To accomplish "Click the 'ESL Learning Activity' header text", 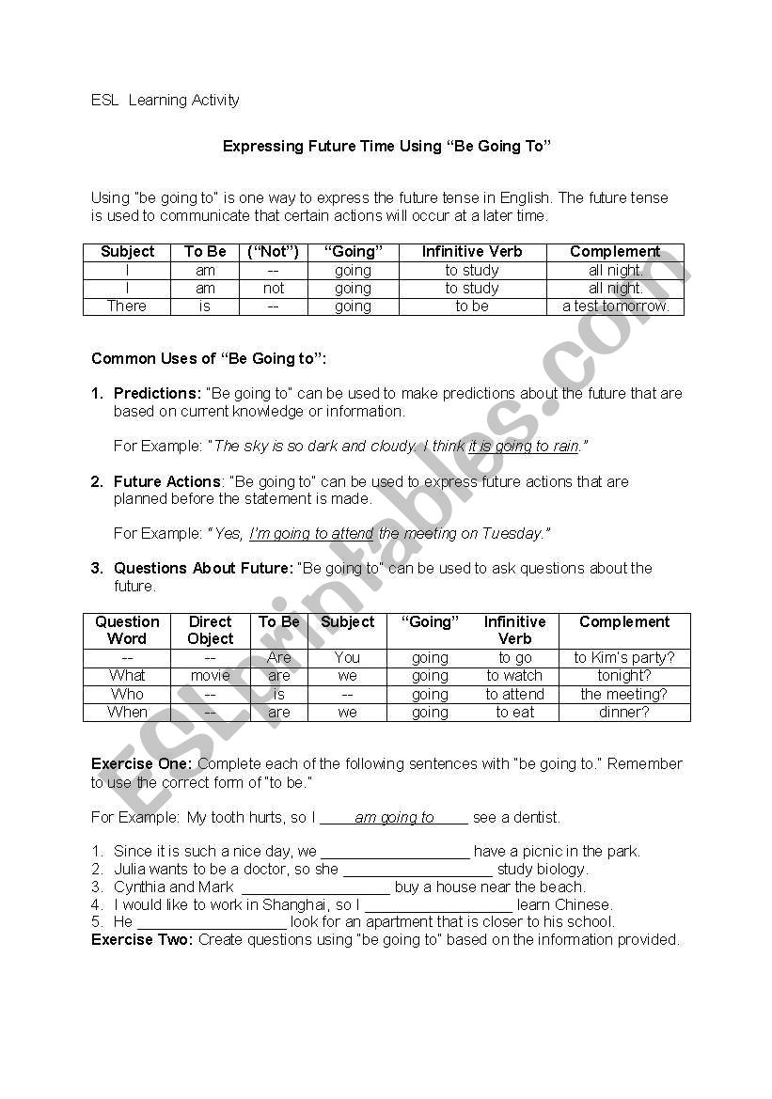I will (165, 100).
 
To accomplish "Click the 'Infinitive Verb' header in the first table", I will (471, 251).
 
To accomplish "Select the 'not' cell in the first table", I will (274, 288).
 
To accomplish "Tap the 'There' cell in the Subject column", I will (127, 306).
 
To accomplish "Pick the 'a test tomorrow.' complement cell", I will (615, 306).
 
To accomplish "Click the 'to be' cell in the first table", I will (471, 306).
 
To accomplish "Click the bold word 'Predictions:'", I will (157, 393).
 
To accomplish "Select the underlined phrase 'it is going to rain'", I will (524, 446).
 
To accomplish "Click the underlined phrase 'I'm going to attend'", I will (311, 533).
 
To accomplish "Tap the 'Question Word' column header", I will (127, 630).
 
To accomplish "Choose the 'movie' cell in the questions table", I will (210, 675).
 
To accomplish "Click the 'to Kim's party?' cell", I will (624, 657).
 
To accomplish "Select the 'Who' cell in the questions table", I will (127, 694).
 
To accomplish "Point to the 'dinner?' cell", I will (624, 712).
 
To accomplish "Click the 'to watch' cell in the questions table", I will (514, 675).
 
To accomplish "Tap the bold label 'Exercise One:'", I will (141, 763).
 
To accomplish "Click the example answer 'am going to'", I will (394, 817).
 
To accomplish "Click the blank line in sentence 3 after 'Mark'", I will (316, 887).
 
